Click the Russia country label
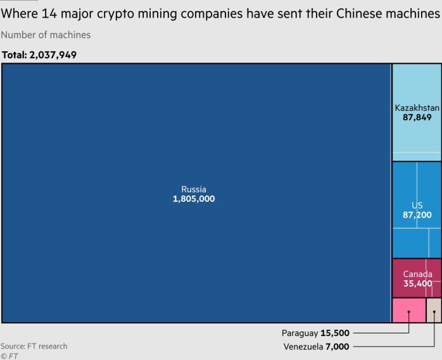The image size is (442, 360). [194, 189]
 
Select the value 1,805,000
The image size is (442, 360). [194, 199]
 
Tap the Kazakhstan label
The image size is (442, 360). [417, 108]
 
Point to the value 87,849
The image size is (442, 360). [417, 117]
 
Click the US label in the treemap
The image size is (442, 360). [417, 206]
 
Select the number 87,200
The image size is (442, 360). [417, 215]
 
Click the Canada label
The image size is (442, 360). [417, 274]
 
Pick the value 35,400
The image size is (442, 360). [417, 283]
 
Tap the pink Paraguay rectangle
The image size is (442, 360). [408, 310]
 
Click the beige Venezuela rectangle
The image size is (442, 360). [434, 310]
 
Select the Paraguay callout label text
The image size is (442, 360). [300, 333]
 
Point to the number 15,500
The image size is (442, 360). [335, 333]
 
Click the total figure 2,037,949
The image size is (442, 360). [53, 55]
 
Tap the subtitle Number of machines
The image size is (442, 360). [46, 35]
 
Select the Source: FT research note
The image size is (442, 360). [34, 346]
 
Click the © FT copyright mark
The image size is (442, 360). [9, 356]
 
